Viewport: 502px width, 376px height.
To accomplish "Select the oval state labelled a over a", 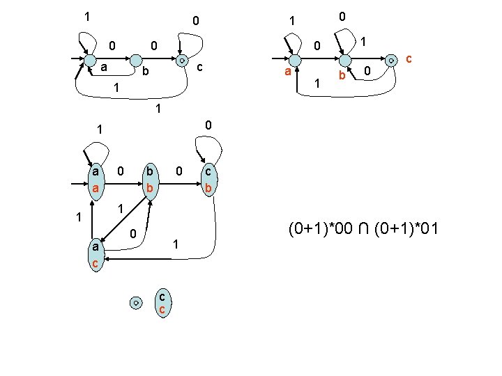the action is click(95, 180).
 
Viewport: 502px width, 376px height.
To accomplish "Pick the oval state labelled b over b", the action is click(149, 180).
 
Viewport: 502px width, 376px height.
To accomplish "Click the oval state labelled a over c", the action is click(95, 255).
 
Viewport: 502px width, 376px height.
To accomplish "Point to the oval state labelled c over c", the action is click(162, 301).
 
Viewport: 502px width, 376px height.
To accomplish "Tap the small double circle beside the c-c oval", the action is click(137, 302).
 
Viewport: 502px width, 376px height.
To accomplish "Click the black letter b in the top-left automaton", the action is click(145, 72).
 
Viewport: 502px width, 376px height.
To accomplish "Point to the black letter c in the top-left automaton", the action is click(199, 68).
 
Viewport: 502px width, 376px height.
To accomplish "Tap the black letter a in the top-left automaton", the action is click(103, 68).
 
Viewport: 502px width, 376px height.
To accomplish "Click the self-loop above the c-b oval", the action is click(209, 148).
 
